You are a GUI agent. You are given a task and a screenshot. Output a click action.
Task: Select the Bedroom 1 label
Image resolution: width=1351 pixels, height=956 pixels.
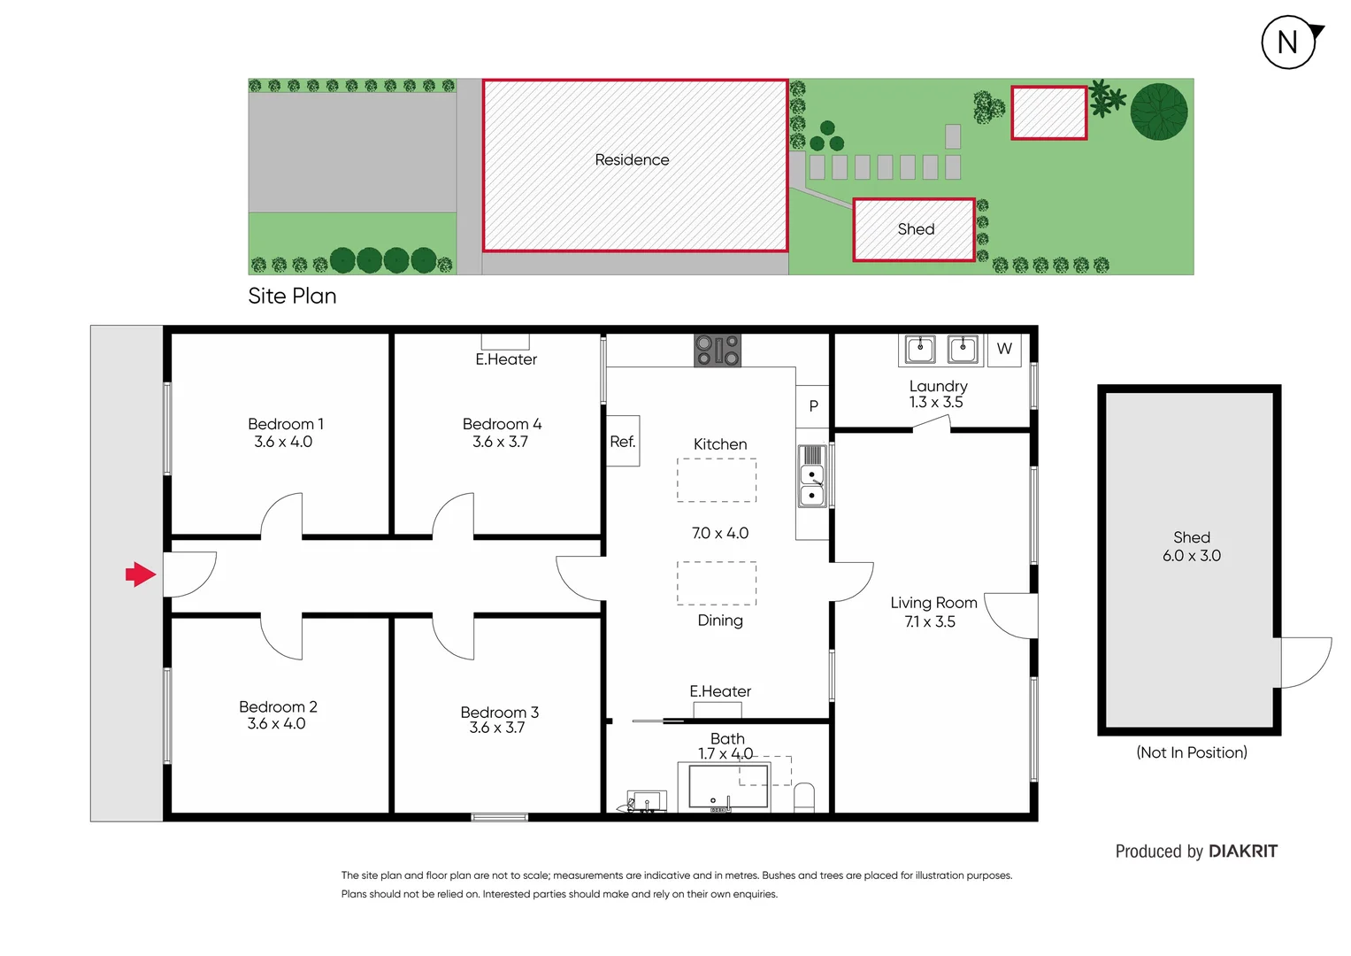coord(285,424)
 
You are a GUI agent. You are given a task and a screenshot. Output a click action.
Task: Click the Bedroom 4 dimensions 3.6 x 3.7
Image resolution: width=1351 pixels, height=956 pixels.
coord(500,442)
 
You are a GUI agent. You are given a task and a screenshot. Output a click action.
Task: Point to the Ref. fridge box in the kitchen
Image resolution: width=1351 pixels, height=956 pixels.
coord(623,441)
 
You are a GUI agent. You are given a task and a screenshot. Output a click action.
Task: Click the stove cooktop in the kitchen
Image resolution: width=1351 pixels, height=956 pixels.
coord(717,351)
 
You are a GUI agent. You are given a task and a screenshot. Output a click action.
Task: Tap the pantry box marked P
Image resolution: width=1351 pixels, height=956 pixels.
coord(813,405)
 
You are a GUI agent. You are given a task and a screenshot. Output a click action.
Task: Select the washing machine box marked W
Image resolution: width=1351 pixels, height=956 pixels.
coord(1004,349)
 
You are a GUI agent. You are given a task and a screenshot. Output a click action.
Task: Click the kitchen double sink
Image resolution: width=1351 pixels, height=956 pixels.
coord(812,476)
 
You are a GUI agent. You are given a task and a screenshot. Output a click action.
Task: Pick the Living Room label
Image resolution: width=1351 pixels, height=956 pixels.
coord(933,603)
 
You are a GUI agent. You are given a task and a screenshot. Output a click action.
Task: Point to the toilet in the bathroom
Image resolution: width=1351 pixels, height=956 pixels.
coord(803,797)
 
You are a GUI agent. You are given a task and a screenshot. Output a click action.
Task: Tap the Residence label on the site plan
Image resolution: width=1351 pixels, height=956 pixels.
coord(632,160)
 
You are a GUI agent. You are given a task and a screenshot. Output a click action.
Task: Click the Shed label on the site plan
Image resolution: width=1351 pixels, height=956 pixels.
coord(916,229)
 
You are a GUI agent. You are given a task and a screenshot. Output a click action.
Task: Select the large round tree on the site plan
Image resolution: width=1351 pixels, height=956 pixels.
coord(1159,112)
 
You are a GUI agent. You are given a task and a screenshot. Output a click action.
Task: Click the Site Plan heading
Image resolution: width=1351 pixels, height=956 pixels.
coord(292,297)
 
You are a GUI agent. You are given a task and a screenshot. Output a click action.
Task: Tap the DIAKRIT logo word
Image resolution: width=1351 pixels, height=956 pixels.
coord(1242,852)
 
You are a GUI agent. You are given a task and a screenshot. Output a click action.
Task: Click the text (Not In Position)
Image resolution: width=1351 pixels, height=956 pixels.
coord(1191,752)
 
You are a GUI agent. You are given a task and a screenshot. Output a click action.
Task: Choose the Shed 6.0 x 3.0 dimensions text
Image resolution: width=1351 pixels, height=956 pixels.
coord(1191,556)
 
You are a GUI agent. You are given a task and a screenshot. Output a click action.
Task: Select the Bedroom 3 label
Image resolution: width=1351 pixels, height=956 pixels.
coord(499,713)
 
